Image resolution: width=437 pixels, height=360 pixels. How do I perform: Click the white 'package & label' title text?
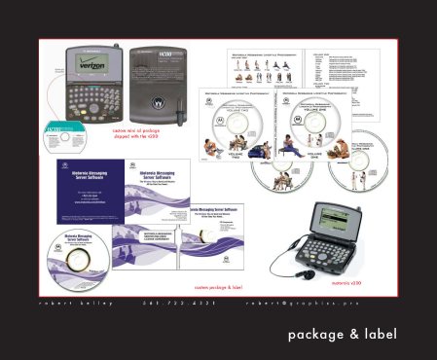point(343,335)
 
